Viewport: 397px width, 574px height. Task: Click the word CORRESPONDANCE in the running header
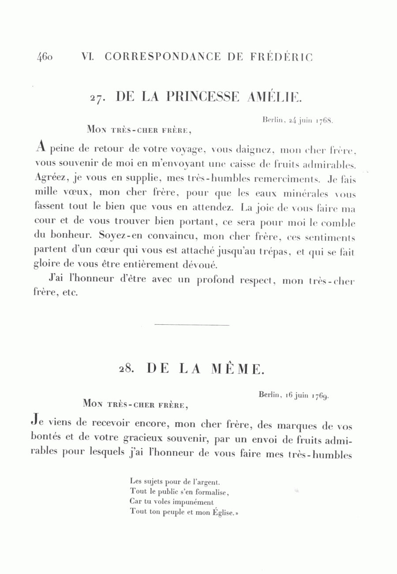click(163, 57)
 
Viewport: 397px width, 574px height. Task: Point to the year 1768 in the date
click(324, 120)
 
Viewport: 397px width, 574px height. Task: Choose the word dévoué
click(199, 265)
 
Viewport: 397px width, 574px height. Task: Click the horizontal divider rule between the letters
click(192, 325)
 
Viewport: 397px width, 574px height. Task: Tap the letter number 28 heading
click(126, 369)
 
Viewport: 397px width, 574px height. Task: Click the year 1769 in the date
click(320, 395)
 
